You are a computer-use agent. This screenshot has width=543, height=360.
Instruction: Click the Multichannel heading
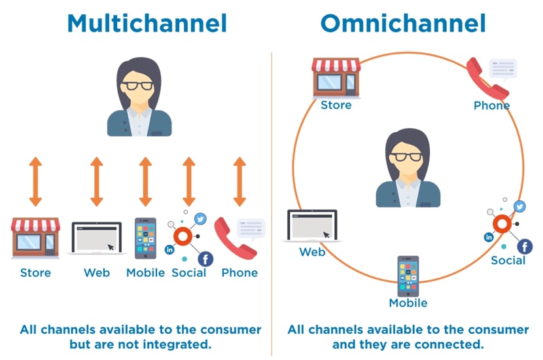coord(147,24)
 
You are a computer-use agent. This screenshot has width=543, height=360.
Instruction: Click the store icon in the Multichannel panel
coord(35,237)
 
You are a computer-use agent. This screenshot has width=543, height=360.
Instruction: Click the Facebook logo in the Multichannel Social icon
coord(205,259)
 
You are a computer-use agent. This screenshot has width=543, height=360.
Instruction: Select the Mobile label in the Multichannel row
coord(145,272)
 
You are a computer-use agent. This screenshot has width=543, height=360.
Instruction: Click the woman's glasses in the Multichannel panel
coord(139,86)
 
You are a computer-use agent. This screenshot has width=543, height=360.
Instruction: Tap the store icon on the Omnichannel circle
coord(336,76)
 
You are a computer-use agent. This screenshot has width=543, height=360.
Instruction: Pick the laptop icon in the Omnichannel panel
coord(312,226)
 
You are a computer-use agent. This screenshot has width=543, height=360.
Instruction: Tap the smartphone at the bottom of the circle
coord(408,276)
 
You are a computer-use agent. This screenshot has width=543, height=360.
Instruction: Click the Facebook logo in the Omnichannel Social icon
coord(525,246)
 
